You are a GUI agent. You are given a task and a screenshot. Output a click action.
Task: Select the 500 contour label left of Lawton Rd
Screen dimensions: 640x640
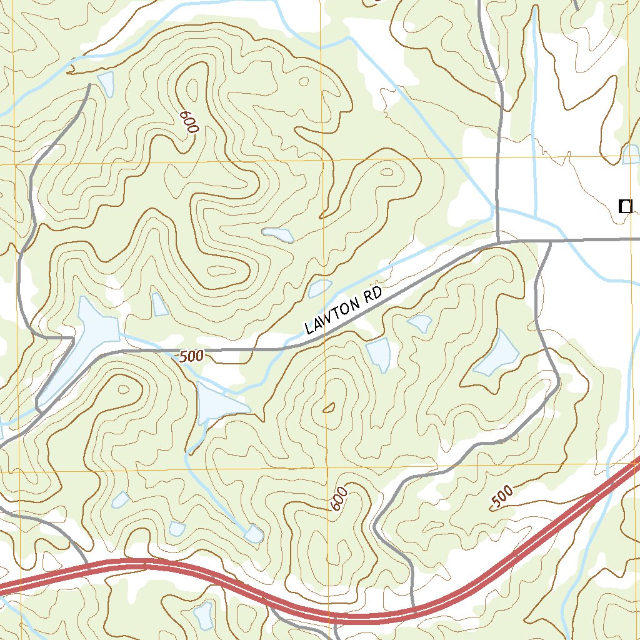pos(191,357)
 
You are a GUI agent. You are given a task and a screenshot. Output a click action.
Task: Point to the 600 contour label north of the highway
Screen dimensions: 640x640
pos(337,499)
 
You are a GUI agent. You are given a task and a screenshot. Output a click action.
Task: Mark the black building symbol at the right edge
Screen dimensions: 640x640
pos(624,206)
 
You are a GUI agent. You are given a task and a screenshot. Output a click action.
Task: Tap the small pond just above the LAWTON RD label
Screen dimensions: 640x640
pos(320,288)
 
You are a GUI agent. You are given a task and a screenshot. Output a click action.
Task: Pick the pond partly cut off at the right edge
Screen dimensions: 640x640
pos(631,154)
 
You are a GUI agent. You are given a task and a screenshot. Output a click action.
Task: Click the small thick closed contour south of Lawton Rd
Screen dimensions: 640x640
pos(329,409)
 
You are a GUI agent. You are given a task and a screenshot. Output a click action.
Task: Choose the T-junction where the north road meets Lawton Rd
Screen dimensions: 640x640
pos(499,241)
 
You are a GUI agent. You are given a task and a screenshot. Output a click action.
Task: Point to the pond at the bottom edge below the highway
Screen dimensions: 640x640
pos(204,615)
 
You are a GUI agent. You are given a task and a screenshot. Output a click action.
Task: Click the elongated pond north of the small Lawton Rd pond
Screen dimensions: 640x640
pos(278,234)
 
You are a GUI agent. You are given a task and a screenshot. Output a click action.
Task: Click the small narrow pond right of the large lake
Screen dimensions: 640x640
pos(160,304)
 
